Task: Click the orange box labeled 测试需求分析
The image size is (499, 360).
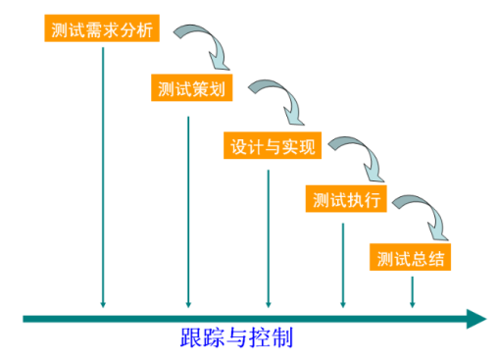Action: coord(102,28)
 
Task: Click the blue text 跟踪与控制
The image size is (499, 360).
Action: coord(236,339)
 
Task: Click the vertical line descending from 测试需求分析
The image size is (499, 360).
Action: coord(102,177)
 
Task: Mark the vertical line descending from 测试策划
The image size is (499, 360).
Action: coord(187,206)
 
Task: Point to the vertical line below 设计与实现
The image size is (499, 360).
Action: coord(268,235)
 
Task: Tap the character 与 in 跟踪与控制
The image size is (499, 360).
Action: coord(236,339)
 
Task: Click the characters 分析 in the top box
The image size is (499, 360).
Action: coord(138,28)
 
